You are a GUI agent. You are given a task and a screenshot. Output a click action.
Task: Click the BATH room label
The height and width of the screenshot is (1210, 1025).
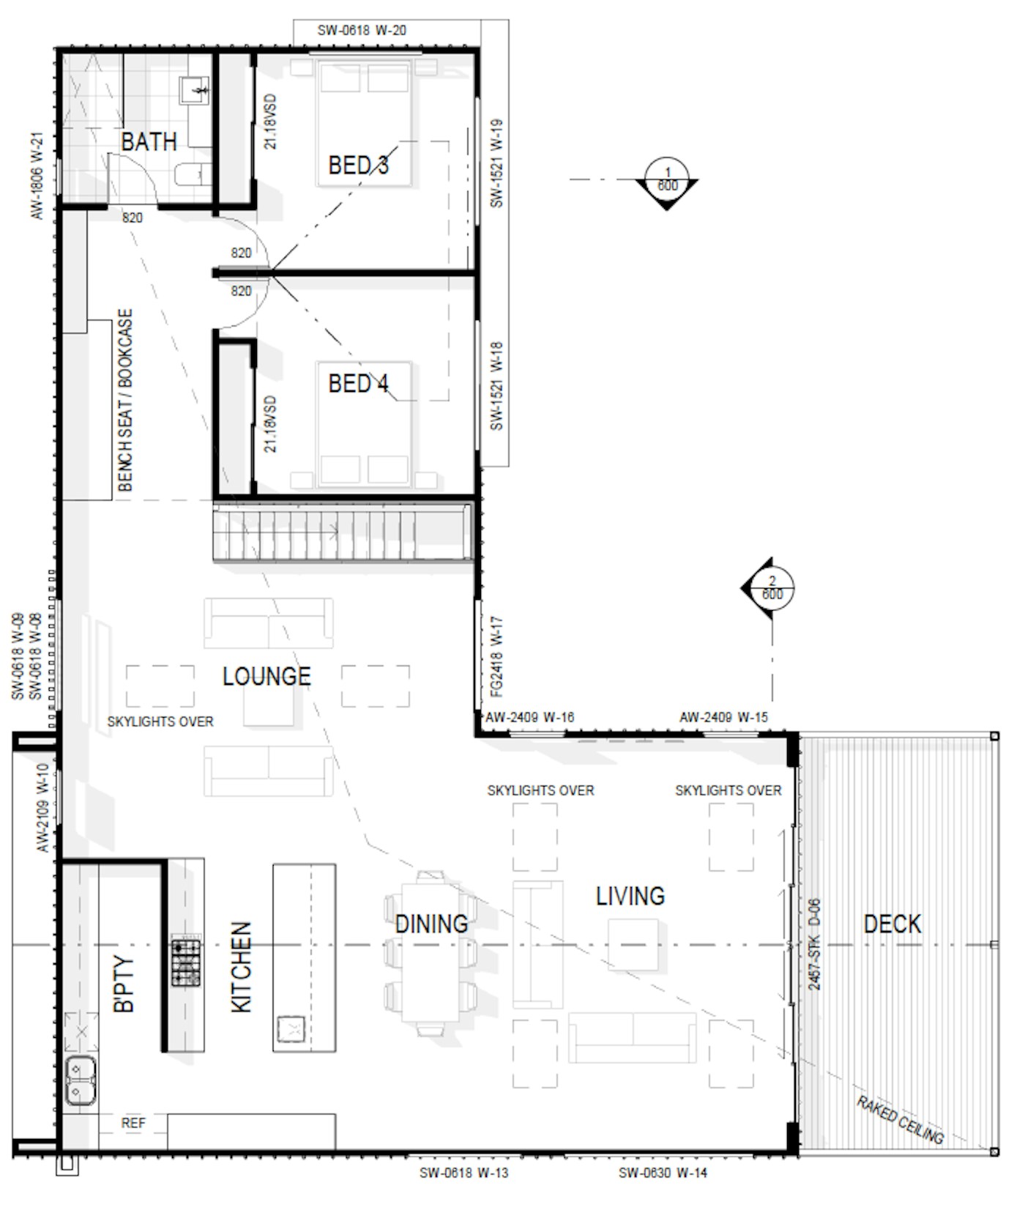pyautogui.click(x=149, y=141)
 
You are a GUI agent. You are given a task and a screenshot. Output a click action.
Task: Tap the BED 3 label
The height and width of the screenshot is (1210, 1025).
pyautogui.click(x=358, y=165)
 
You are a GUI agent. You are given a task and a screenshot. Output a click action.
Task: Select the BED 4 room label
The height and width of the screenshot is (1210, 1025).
pyautogui.click(x=358, y=383)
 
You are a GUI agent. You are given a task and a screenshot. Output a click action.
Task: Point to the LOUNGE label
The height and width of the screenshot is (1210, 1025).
pyautogui.click(x=266, y=676)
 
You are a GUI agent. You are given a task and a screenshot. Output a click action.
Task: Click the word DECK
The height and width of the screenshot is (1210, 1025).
pyautogui.click(x=892, y=924)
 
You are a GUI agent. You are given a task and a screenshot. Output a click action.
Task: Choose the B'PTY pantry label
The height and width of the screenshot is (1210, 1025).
pyautogui.click(x=124, y=985)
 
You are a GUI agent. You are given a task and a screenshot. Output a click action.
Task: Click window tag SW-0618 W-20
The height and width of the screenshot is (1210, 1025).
pyautogui.click(x=362, y=31)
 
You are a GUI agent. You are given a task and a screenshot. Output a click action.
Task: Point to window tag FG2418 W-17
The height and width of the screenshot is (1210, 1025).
pyautogui.click(x=496, y=656)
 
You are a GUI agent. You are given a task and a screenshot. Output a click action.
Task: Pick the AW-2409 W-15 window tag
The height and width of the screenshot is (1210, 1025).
pyautogui.click(x=723, y=717)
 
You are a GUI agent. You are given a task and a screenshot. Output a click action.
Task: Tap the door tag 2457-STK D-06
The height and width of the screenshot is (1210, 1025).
pyautogui.click(x=814, y=945)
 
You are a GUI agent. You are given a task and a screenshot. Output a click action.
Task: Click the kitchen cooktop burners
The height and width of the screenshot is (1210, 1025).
pyautogui.click(x=186, y=960)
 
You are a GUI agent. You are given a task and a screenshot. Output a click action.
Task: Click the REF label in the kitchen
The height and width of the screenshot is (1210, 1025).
pyautogui.click(x=133, y=1123)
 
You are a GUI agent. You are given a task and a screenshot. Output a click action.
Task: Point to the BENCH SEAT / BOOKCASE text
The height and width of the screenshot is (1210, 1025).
pyautogui.click(x=125, y=400)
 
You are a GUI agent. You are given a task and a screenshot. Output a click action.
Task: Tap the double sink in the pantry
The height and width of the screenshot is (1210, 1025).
pyautogui.click(x=80, y=1081)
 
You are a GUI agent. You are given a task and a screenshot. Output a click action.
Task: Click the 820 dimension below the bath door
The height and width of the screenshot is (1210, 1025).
pyautogui.click(x=133, y=218)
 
